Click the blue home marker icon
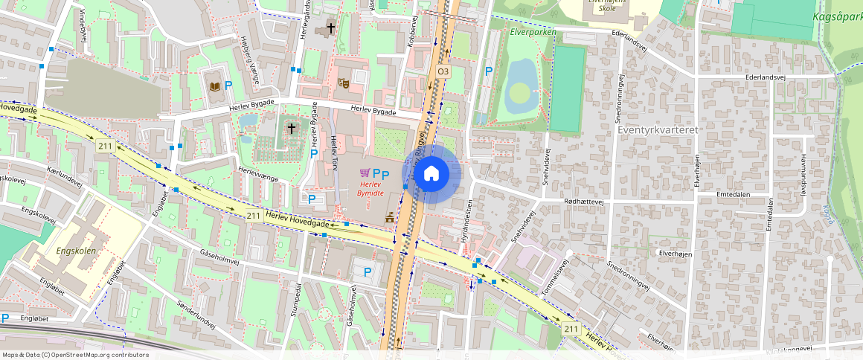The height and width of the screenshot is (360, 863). [431, 174]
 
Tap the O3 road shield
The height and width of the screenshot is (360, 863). [443, 71]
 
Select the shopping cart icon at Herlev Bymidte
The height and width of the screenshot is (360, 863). [365, 173]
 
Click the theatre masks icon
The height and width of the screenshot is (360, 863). [344, 83]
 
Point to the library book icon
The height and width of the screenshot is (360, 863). [215, 87]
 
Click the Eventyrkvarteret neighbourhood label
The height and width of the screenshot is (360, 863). [658, 129]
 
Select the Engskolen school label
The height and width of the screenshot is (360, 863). [76, 251]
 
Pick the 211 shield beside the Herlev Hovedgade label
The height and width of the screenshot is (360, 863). [253, 216]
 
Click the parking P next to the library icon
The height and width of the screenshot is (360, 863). [228, 86]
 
